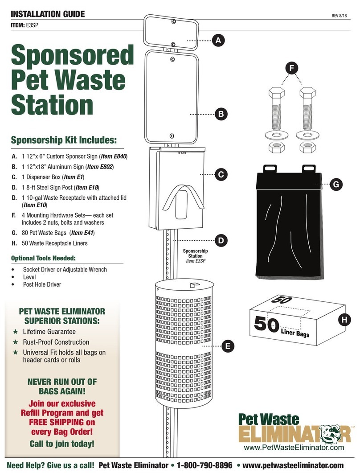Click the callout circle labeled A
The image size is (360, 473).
(217, 41)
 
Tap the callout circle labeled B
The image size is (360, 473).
(221, 114)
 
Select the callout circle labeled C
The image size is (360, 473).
(221, 174)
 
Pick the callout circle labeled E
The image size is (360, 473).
(227, 345)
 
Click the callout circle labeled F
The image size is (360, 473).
(291, 69)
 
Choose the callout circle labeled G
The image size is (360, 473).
(336, 184)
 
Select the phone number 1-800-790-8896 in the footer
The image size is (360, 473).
(205, 465)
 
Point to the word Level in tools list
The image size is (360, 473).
(30, 277)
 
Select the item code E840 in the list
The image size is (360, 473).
(119, 156)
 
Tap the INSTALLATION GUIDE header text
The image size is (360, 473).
(47, 14)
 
